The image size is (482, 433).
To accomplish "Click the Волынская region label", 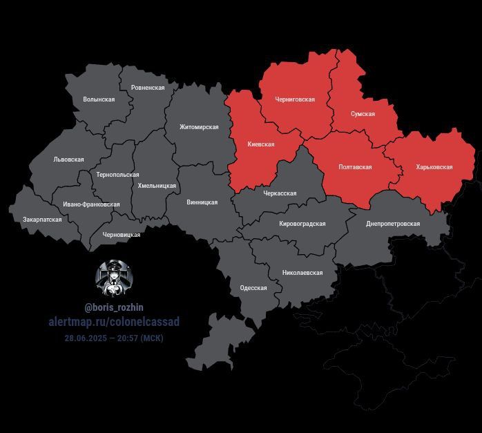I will [x=99, y=99].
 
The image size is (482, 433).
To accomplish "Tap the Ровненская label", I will [x=148, y=88].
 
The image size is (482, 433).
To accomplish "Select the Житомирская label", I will [x=199, y=127].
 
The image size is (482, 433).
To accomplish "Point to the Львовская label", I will [x=68, y=160].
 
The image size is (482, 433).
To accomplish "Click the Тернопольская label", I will [x=118, y=175].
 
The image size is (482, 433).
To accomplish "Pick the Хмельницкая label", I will [x=158, y=185].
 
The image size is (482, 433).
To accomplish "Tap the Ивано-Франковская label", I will [x=91, y=204].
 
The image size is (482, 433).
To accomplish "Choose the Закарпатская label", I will [x=42, y=220].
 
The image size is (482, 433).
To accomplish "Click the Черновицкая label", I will [x=122, y=235].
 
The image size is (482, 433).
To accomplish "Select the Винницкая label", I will [x=202, y=202].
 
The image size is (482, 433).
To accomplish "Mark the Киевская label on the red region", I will [x=261, y=144].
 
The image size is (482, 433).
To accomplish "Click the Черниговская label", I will [x=295, y=99].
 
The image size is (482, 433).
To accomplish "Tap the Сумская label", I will [x=363, y=114].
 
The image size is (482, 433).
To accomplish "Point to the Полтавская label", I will [x=356, y=167].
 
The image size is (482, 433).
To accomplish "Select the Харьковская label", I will [x=434, y=167].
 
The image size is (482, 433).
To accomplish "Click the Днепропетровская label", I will [x=393, y=224].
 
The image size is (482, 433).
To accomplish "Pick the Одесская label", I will [x=253, y=288].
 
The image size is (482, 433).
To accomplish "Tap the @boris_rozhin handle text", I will [x=114, y=307].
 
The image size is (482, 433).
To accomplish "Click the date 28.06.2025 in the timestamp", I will [x=86, y=338].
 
